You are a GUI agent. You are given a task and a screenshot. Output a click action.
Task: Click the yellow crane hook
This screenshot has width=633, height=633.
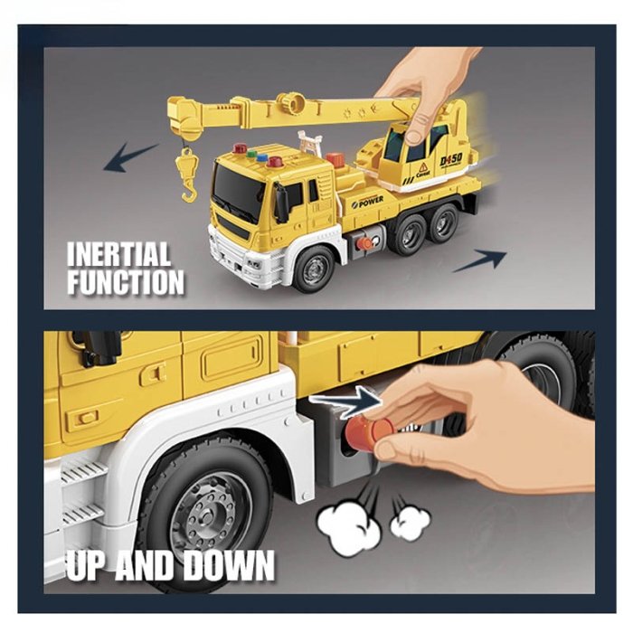point(187,175)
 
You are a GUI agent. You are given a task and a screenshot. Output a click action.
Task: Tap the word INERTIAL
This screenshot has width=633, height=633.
point(118,254)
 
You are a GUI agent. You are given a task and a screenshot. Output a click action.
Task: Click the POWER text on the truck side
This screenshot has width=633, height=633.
point(370,201)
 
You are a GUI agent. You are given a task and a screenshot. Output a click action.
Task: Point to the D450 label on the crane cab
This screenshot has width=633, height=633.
point(451,159)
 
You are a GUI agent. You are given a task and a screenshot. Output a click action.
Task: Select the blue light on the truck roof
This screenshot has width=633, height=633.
point(262,158)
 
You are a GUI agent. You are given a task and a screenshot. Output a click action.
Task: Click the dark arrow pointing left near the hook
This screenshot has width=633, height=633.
point(130,157)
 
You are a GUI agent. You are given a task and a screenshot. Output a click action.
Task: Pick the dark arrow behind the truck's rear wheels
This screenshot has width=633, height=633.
point(479,260)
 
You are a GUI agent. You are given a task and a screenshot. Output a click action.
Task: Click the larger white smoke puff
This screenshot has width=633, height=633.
point(348,524)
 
